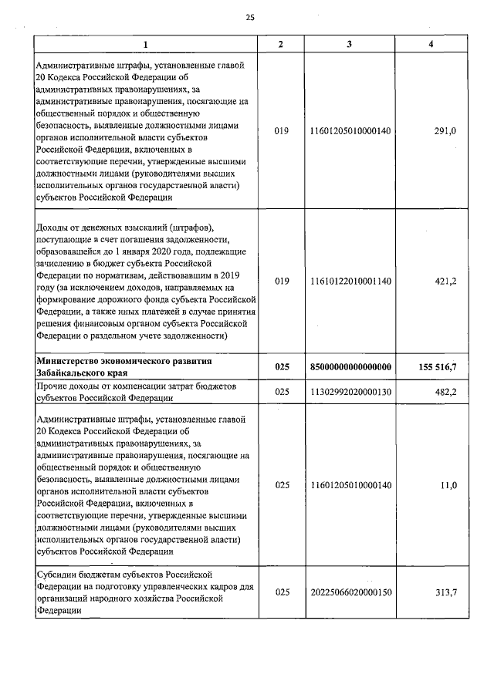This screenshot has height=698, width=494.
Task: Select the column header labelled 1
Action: [x=144, y=44]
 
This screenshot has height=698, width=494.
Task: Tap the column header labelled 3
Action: [x=350, y=44]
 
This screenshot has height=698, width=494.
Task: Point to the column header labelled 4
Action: [x=431, y=44]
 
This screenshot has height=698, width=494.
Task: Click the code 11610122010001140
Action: [x=350, y=282]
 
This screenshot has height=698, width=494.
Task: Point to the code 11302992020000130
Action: [x=350, y=391]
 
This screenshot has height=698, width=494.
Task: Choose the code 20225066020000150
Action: [x=350, y=592]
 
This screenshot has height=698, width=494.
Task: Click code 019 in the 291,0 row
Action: [x=281, y=131]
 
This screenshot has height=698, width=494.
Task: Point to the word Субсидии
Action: [x=55, y=575]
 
